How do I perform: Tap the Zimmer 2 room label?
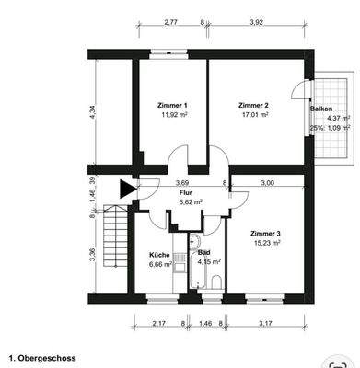point(251,106)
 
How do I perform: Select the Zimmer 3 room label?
point(265,234)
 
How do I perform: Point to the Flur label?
point(185,193)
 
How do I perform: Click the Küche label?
point(160,255)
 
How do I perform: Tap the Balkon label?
point(321,109)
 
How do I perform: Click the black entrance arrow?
point(125,190)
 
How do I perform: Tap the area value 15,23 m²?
point(265,245)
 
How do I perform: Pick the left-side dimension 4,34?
point(80,112)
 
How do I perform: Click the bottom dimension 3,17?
point(266,325)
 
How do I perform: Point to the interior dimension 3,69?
point(181,183)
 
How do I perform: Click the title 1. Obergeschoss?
point(42,356)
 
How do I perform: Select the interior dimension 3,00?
point(266,183)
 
